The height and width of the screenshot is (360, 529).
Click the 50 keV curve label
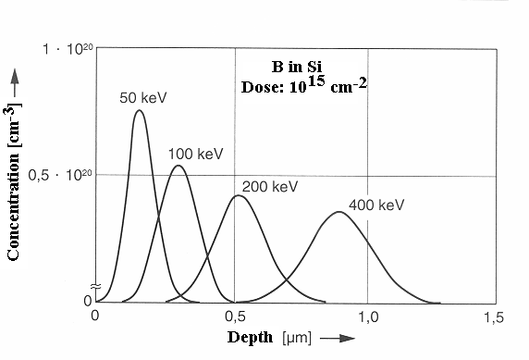click(x=141, y=97)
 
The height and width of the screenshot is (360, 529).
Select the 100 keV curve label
click(x=197, y=153)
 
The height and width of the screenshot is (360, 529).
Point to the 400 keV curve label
click(x=376, y=205)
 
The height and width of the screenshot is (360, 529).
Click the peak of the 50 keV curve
click(x=139, y=111)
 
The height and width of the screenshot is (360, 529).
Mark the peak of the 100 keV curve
click(x=178, y=166)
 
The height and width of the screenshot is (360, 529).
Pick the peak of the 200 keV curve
click(x=239, y=196)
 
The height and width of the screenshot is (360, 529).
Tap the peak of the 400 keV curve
click(x=339, y=213)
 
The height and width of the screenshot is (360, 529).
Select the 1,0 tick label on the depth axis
click(x=368, y=317)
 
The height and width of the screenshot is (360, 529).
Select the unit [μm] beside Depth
click(x=293, y=338)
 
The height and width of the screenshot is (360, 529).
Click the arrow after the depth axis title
click(x=338, y=338)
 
